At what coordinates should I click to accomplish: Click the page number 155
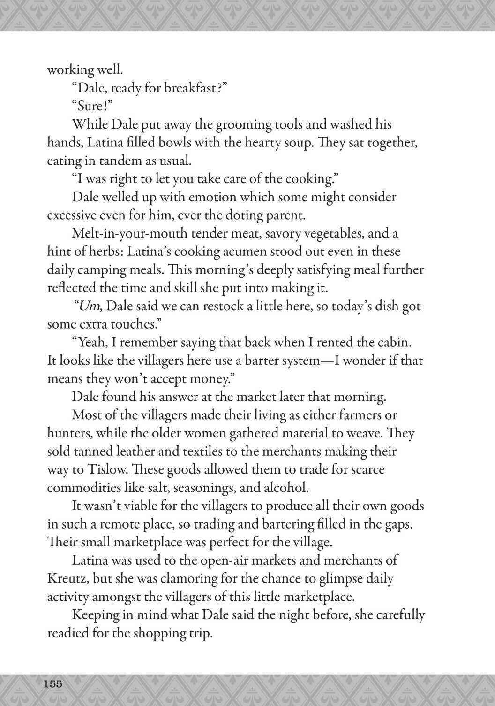click(53, 683)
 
